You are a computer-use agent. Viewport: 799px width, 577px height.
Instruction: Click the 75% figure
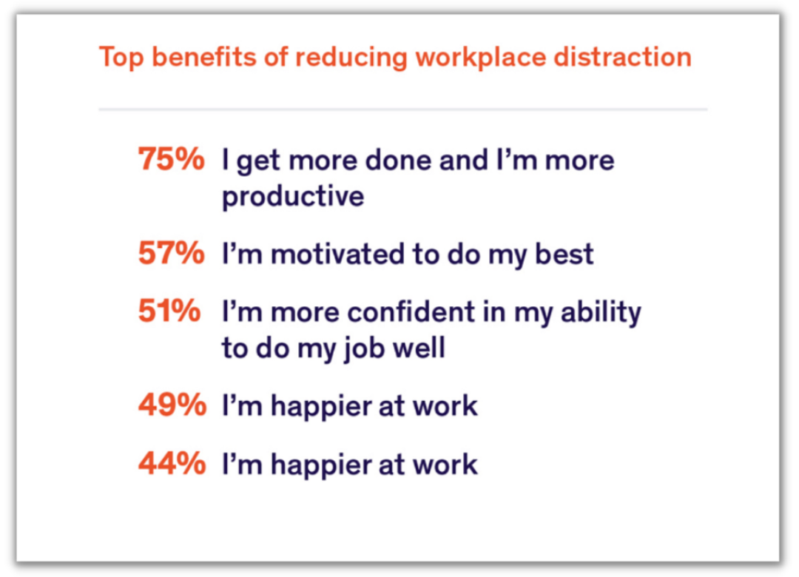pos(171,158)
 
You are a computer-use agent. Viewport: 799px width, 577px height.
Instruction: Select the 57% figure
pos(171,252)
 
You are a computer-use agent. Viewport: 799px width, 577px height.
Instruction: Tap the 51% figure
pos(169,310)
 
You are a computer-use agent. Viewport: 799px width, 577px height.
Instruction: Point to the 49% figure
pos(172,405)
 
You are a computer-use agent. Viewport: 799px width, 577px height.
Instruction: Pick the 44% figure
pos(172,463)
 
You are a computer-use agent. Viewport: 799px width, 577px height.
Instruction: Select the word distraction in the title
pos(623,56)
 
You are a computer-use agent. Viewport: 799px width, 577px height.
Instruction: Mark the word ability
pos(601,312)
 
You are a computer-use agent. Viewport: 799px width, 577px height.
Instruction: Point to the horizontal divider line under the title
pos(403,109)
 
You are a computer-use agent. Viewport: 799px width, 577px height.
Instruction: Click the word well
pos(418,348)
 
